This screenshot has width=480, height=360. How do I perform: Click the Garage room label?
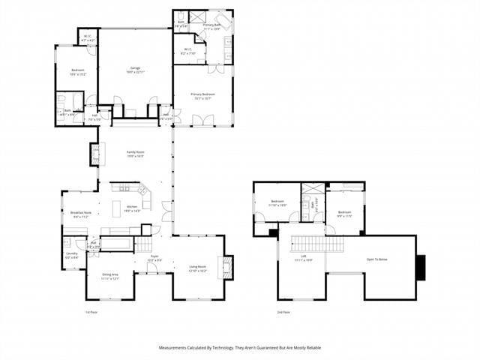[135, 70]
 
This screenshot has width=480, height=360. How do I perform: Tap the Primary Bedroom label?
[202, 96]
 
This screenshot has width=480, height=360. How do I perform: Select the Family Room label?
[135, 154]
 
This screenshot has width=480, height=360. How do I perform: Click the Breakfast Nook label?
[82, 214]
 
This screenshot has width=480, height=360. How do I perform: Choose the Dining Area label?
[110, 276]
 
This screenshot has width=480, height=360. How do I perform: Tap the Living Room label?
[198, 268]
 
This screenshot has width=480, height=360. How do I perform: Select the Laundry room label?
[71, 255]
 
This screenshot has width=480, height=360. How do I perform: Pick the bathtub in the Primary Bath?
[224, 21]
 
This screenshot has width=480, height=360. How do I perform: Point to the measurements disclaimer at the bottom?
[240, 348]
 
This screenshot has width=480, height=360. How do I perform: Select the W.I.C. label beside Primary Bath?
[189, 52]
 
